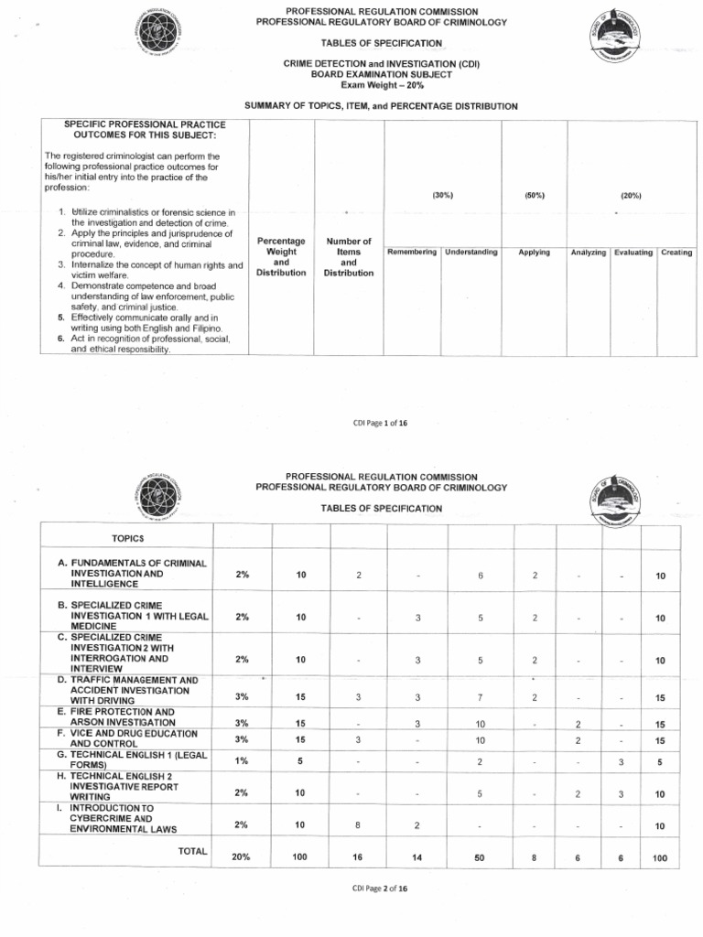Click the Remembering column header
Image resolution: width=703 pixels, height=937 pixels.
coord(412,253)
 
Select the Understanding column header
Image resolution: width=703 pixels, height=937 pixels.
coord(471,253)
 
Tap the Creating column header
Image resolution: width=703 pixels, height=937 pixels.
coord(676,253)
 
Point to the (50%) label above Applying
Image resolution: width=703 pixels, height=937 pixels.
coord(534,196)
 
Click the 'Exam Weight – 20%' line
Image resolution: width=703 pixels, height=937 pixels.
coord(381,84)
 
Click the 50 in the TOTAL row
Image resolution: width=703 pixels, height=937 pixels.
coord(480,858)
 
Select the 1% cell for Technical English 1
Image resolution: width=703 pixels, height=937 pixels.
coord(242,759)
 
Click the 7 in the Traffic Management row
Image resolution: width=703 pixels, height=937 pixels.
coord(480,697)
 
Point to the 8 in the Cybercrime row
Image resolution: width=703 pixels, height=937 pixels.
coord(358,824)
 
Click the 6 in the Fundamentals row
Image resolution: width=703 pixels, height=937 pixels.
coord(480,575)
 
